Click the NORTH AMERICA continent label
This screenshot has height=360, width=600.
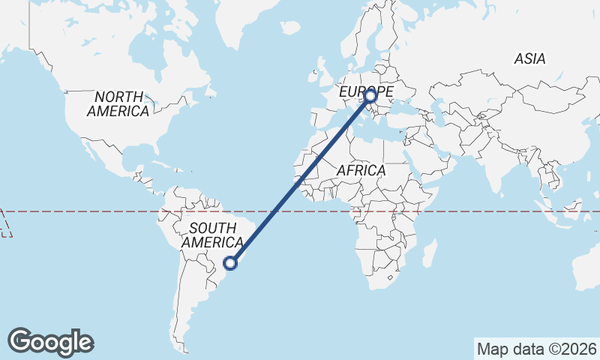(118, 103)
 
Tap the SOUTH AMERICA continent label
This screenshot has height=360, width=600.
(212, 235)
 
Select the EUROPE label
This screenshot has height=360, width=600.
(365, 91)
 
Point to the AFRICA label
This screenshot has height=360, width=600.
(361, 170)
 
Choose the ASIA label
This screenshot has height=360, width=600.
(529, 58)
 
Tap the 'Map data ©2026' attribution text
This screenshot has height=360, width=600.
(537, 349)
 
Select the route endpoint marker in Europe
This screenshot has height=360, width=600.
(370, 96)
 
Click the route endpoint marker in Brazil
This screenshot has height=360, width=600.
(232, 262)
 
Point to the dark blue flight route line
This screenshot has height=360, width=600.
(300, 180)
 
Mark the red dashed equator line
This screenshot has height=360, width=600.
(465, 211)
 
